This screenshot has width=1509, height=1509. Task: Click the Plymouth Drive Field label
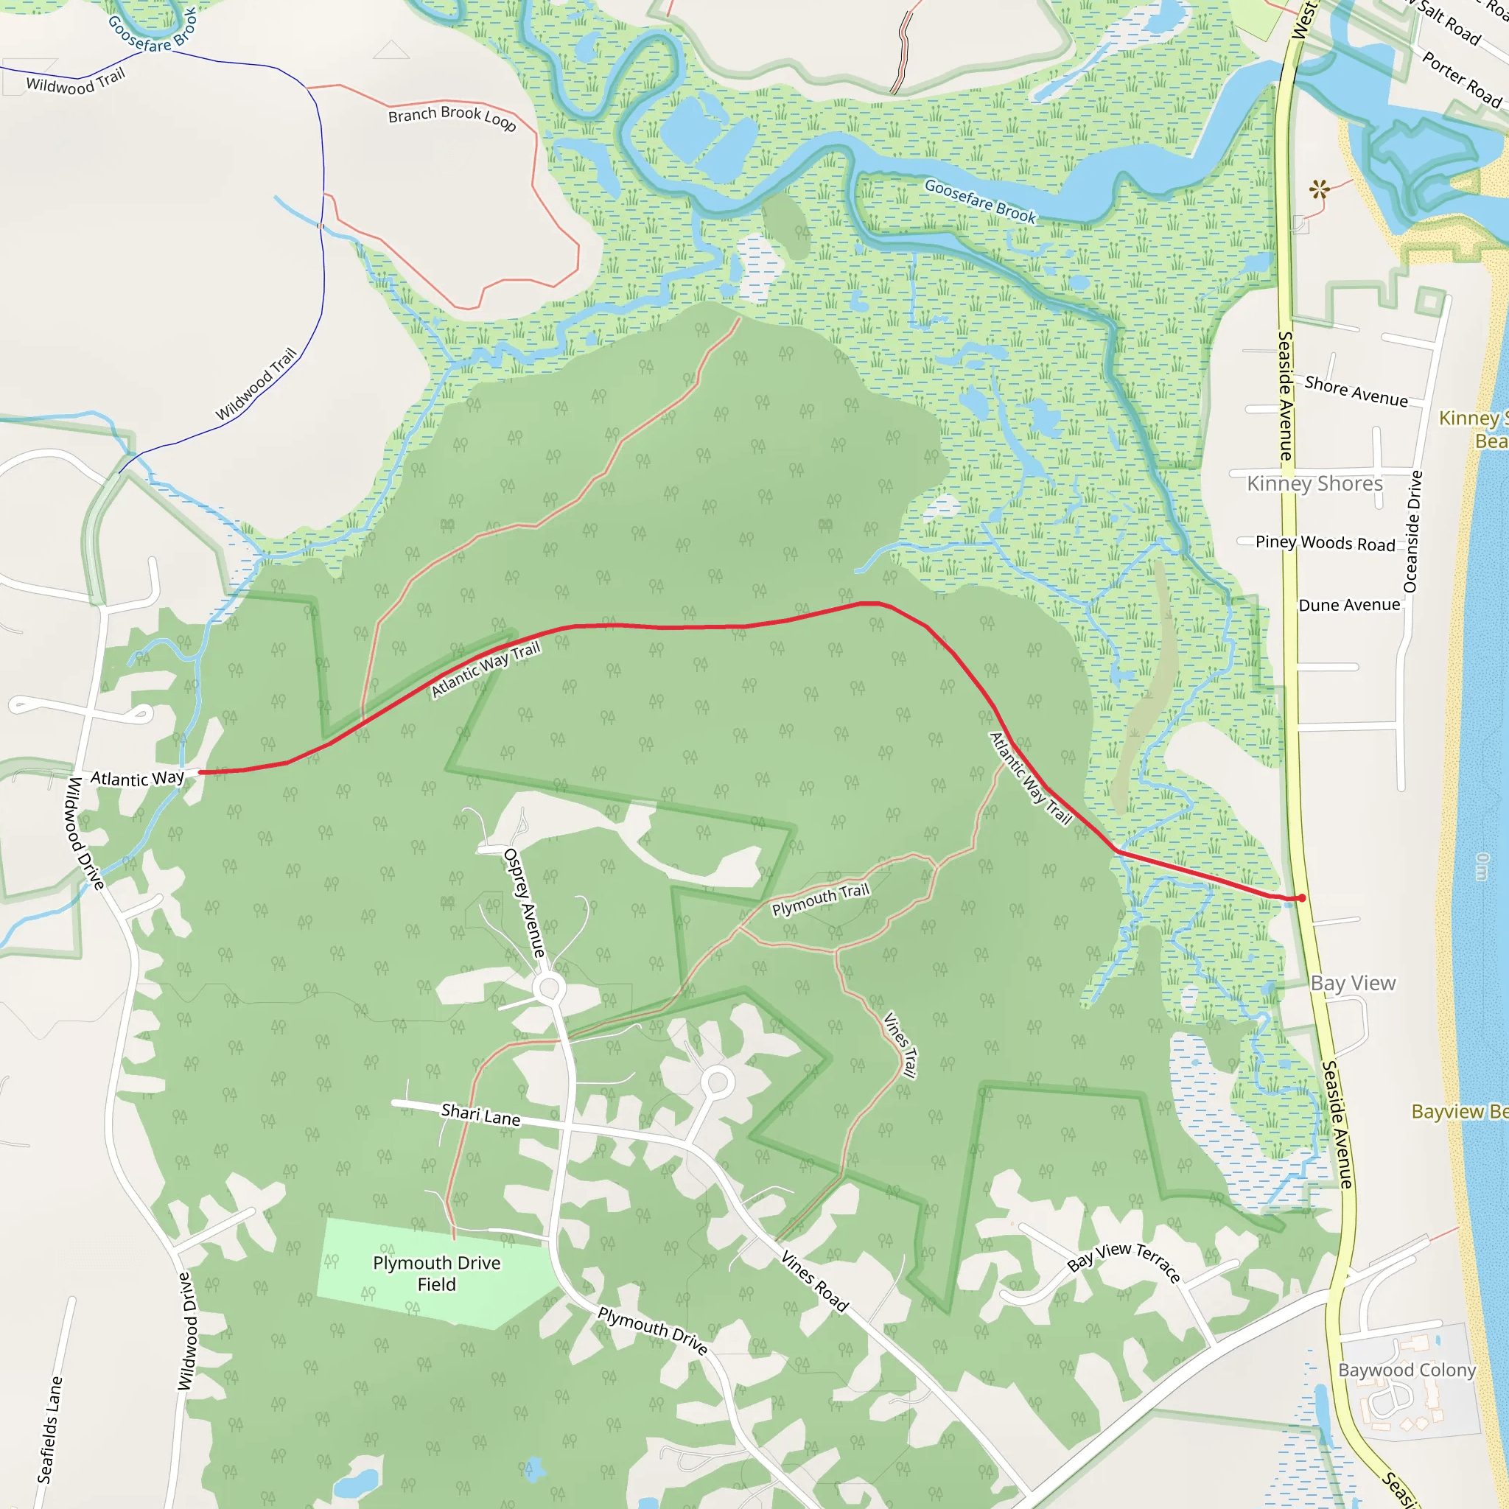pos(437,1273)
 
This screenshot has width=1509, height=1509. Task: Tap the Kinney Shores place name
pos(1314,483)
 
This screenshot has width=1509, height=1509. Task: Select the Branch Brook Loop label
pos(452,116)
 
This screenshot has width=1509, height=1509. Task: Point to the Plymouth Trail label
pos(820,900)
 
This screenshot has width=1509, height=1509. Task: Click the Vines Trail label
pos(899,1044)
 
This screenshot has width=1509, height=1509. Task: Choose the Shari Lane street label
pos(480,1115)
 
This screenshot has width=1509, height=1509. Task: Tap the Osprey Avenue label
pos(525,903)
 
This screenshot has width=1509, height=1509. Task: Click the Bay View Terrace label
pos(1123,1262)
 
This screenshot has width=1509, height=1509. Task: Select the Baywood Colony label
pos(1407,1370)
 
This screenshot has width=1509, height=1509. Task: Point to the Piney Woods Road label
pos(1325,543)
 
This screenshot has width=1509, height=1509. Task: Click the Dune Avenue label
pos(1349,606)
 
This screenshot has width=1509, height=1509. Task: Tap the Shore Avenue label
pos(1356,391)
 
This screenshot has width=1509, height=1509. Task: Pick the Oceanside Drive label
pos(1412,532)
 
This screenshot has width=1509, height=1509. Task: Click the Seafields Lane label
pos(50,1429)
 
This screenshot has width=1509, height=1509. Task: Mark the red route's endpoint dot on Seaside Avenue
pos(1301,898)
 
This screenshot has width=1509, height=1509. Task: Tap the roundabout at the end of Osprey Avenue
pos(549,988)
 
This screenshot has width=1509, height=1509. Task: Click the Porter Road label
pos(1461,79)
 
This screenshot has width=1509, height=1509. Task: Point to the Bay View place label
pos(1353,984)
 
